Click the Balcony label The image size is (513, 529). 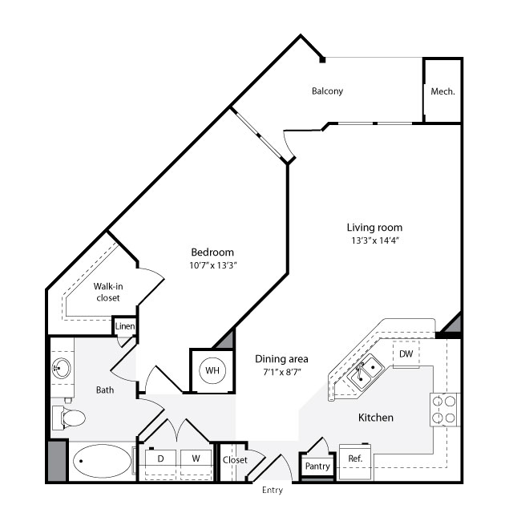327,91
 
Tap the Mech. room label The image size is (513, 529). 442,91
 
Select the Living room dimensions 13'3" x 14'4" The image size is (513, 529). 374,240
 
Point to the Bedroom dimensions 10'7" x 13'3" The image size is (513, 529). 212,265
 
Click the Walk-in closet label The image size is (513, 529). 108,292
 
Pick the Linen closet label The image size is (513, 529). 125,326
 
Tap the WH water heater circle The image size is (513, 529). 212,370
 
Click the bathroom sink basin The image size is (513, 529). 61,368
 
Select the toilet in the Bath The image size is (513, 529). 69,418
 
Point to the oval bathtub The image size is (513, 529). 102,461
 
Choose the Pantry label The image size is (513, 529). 317,466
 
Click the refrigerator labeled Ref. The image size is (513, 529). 355,461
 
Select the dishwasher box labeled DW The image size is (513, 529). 406,353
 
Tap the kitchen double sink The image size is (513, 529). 366,373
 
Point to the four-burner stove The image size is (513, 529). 445,410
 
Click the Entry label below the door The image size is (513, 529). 273,491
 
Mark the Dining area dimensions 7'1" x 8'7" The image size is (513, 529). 282,373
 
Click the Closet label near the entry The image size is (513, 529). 235,460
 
